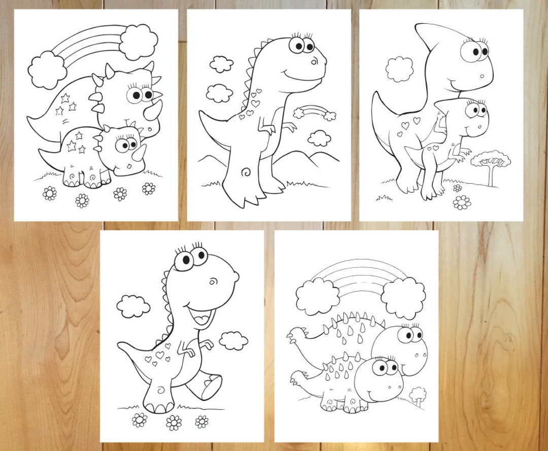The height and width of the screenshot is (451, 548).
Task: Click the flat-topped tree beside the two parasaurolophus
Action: [x=490, y=163]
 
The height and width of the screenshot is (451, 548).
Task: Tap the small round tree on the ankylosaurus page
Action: [x=418, y=394]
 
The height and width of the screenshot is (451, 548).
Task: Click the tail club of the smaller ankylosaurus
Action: [x=298, y=377]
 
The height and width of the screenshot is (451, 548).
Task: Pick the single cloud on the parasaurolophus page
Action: [x=399, y=69]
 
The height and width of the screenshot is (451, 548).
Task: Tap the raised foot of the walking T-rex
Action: [x=208, y=387]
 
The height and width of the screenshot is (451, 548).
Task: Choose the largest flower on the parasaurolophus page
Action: [x=462, y=202]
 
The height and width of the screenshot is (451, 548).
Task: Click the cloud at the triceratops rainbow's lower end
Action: [x=47, y=70]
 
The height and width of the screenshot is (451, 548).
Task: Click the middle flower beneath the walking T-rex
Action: [x=174, y=422]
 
